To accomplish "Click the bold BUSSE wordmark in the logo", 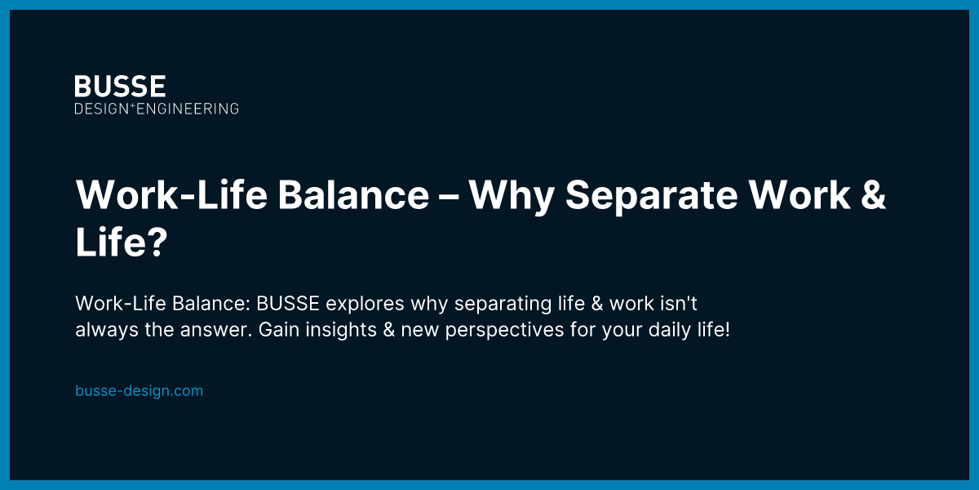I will (x=120, y=87).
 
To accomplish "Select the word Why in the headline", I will (x=511, y=196).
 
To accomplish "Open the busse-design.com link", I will (x=139, y=390).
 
